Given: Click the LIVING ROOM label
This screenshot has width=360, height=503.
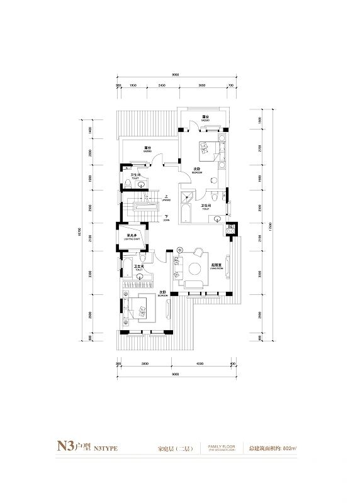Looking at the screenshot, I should point(216,266).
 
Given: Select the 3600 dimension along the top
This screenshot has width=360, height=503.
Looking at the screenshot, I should point(201,84).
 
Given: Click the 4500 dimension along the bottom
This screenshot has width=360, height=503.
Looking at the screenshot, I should point(199,363).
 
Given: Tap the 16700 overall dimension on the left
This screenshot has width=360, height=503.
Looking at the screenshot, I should point(80,232).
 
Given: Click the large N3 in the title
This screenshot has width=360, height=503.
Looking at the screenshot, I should point(64,447).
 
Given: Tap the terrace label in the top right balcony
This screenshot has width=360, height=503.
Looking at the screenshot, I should point(206,117).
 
